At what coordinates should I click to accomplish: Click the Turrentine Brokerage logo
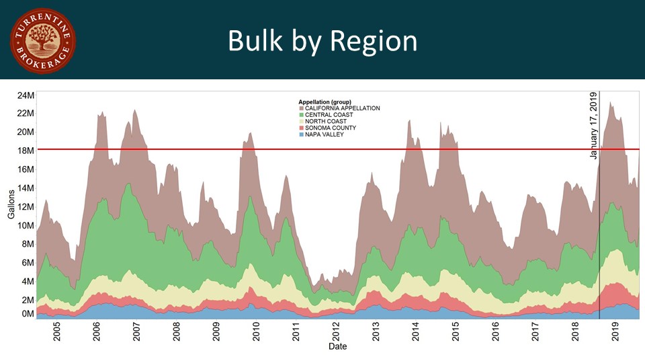coord(42,41)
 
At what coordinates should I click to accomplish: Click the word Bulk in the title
coord(253,41)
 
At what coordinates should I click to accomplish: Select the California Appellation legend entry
coord(342,108)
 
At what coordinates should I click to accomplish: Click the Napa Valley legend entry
coord(324,134)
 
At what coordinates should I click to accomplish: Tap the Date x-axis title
coord(337,347)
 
